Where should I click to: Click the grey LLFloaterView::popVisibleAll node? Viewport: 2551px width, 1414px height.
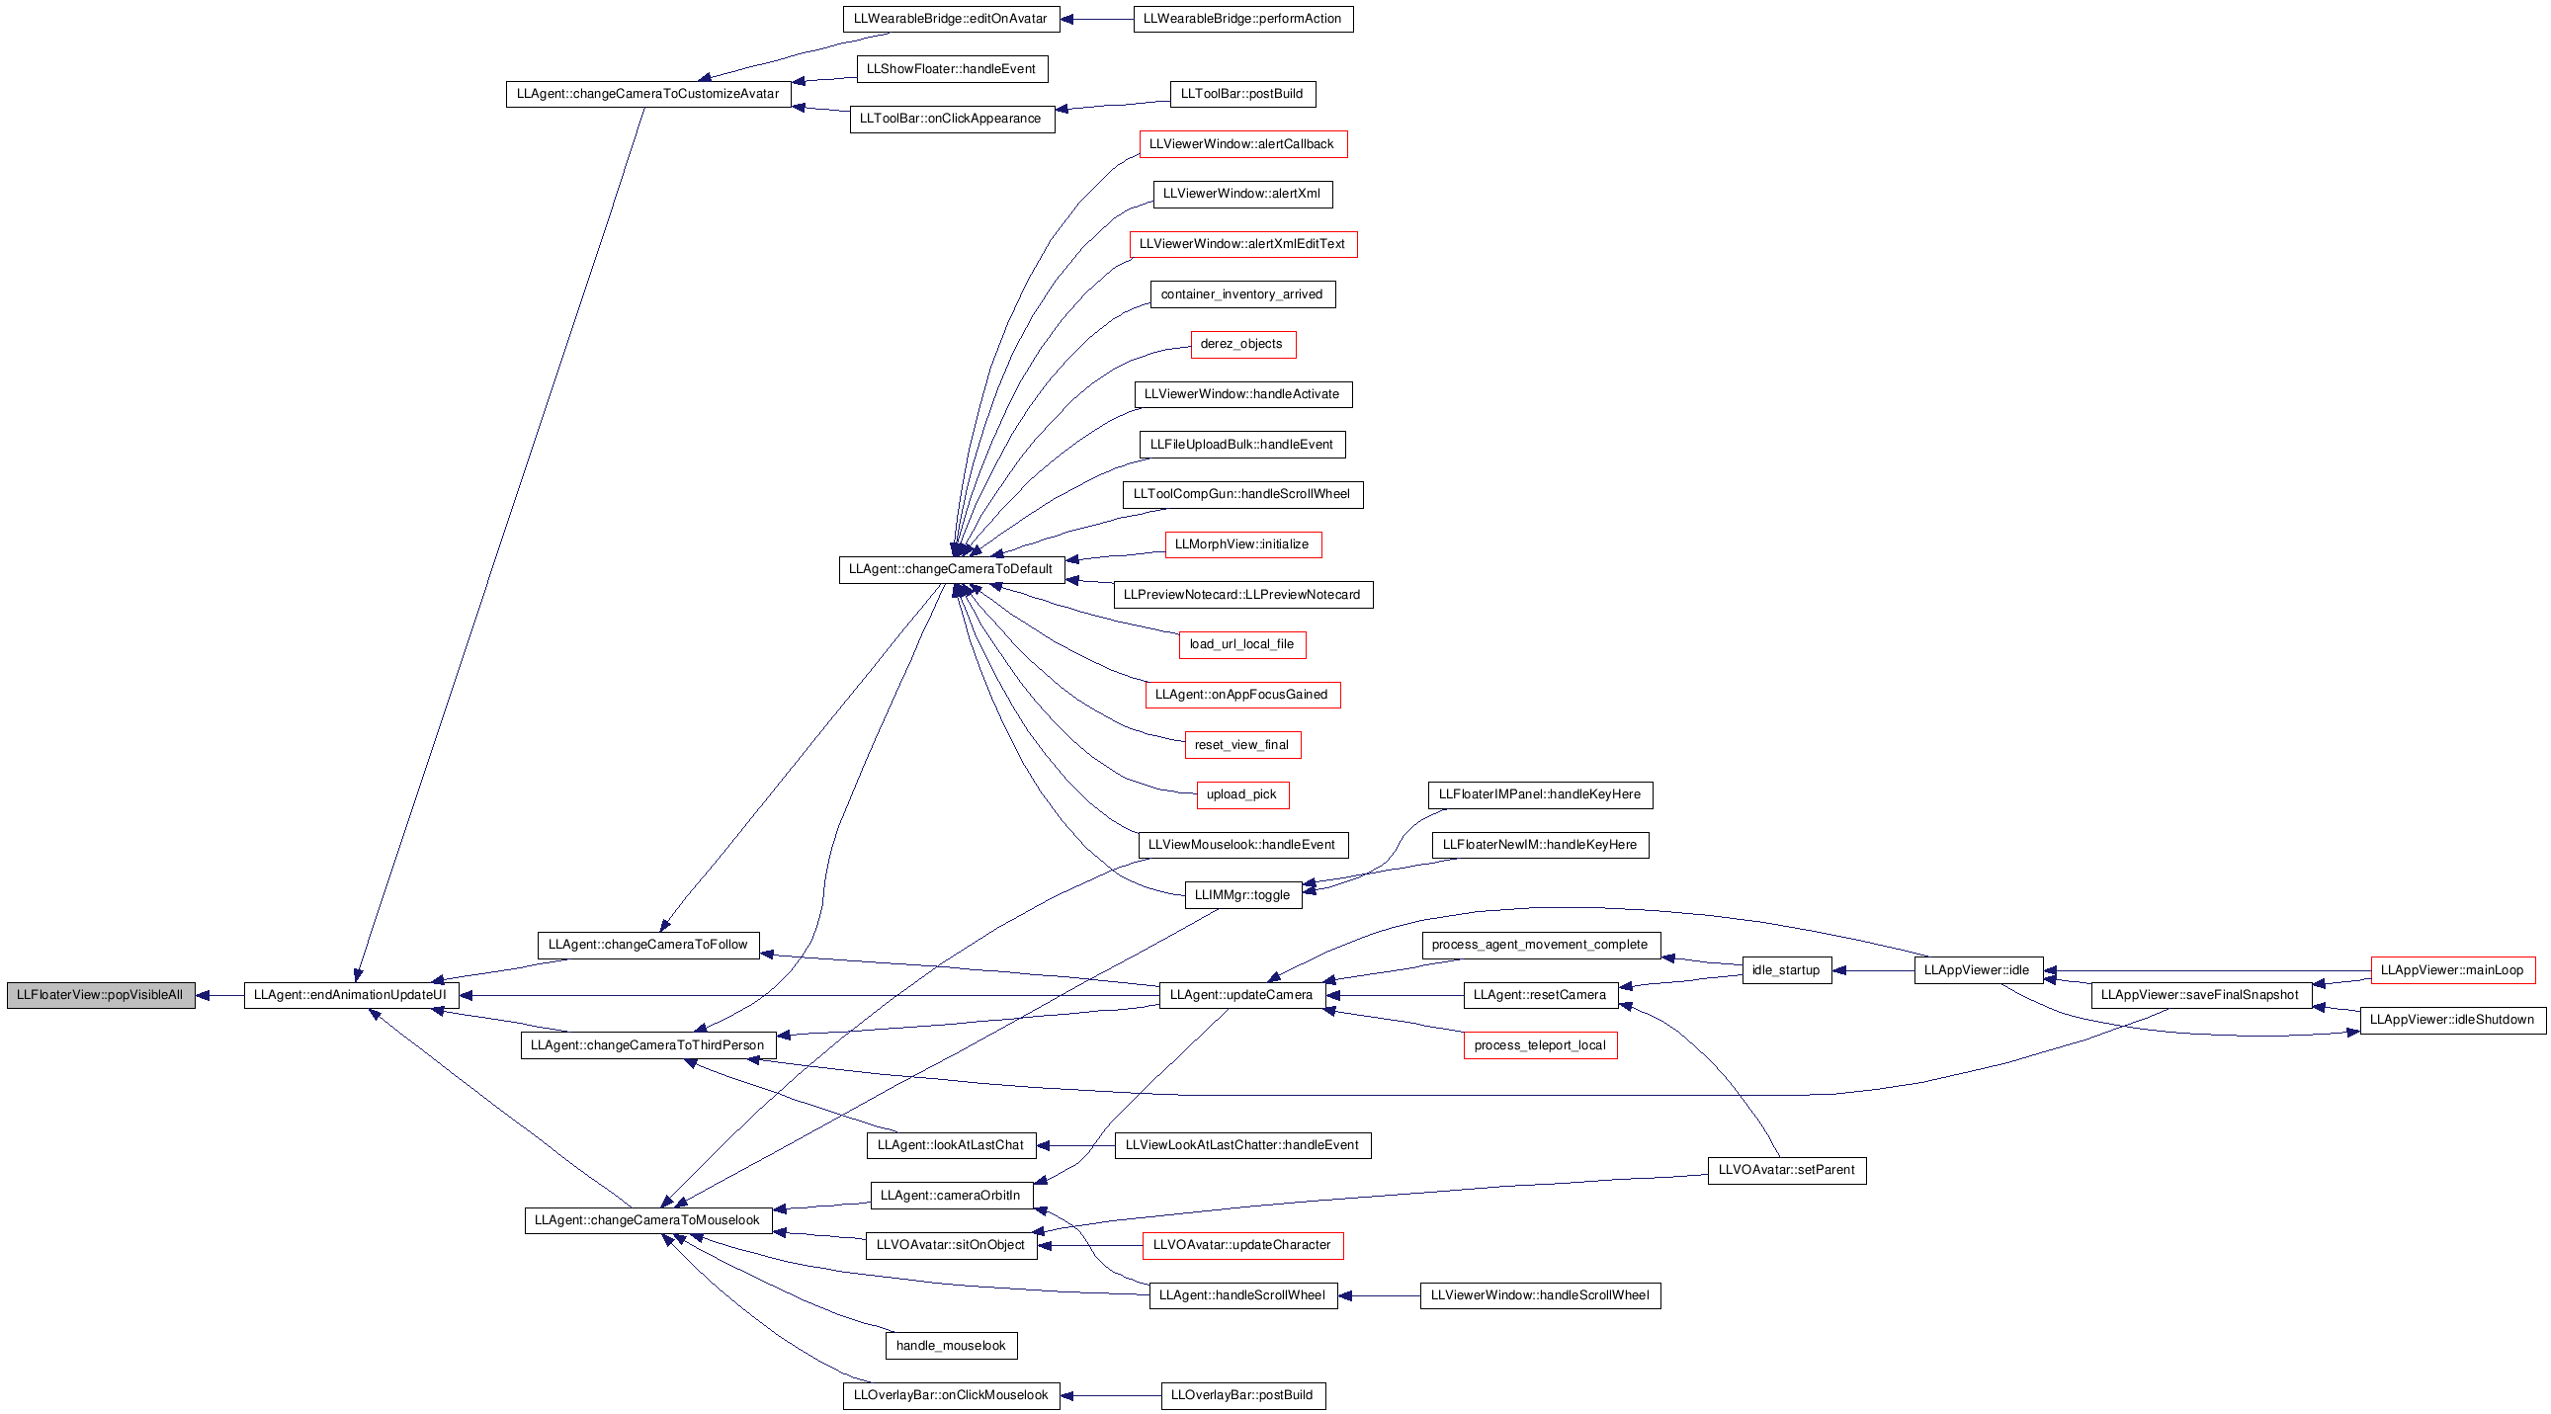(101, 995)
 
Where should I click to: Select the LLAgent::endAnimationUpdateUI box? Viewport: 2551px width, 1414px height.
(352, 995)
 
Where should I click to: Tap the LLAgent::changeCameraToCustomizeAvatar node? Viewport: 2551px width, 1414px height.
(648, 94)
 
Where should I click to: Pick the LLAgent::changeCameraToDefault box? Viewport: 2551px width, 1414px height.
(952, 569)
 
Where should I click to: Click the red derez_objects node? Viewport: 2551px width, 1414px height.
(1242, 345)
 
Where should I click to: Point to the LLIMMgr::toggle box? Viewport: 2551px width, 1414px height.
(1242, 895)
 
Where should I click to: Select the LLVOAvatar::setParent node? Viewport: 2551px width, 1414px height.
(1788, 1170)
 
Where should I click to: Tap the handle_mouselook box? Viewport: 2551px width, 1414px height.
(951, 1346)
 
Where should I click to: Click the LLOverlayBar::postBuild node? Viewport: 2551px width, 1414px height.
(1242, 1396)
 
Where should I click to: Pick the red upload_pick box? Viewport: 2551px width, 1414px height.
(1242, 795)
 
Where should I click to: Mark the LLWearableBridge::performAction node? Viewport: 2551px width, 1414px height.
(1242, 19)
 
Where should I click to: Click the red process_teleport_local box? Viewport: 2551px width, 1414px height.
(1541, 1045)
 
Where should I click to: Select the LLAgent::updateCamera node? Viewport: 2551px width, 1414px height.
(1242, 995)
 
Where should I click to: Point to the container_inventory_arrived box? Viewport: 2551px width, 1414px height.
(1242, 295)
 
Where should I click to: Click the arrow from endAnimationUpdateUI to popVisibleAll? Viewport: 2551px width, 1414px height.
(219, 995)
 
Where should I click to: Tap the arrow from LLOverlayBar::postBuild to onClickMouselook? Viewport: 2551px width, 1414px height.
(1111, 1396)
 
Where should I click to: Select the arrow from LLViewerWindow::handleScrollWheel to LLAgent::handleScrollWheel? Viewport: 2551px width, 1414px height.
(1380, 1296)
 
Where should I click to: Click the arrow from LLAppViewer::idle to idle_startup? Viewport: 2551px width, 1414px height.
(1874, 970)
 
